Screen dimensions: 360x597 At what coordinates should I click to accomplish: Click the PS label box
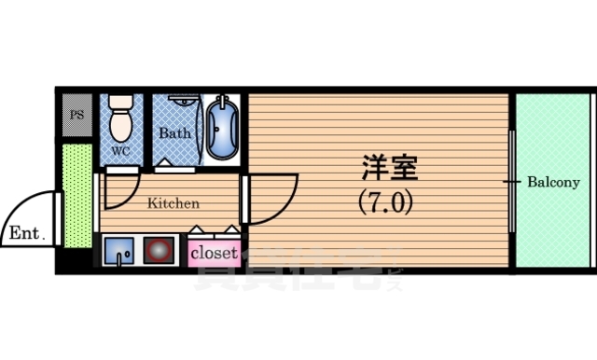[x=76, y=117]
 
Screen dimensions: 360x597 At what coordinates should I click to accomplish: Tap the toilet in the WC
[x=120, y=119]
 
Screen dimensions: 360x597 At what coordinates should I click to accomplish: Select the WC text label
[x=121, y=150]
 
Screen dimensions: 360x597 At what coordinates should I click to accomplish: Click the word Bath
[x=174, y=132]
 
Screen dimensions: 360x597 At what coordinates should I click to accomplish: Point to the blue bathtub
[x=222, y=129]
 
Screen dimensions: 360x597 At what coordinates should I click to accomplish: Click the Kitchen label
[x=173, y=202]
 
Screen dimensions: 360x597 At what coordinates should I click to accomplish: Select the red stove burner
[x=158, y=251]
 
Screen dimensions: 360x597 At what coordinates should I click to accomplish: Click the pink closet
[x=215, y=252]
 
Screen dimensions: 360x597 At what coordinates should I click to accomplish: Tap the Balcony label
[x=553, y=182]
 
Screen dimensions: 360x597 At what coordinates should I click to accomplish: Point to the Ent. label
[x=27, y=233]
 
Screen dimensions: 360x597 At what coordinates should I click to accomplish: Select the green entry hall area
[x=76, y=196]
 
